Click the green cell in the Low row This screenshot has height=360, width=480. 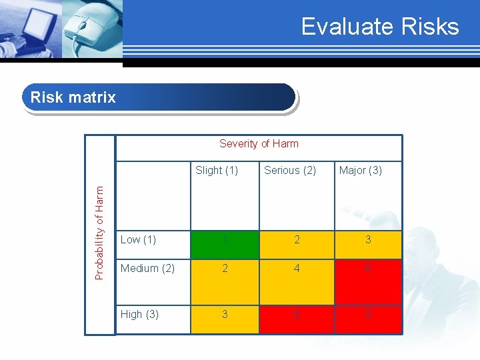[x=225, y=244]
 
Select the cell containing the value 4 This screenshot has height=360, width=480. [x=297, y=281]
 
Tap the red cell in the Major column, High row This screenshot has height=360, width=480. [x=367, y=319]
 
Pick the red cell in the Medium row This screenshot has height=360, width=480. [x=367, y=281]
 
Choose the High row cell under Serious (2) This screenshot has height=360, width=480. [x=297, y=319]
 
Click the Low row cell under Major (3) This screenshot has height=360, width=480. [x=367, y=244]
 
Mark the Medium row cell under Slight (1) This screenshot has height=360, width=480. [x=225, y=281]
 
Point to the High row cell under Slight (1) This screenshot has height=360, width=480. [x=225, y=319]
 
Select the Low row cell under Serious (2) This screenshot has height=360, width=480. [x=297, y=244]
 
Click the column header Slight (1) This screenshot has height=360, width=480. [x=217, y=170]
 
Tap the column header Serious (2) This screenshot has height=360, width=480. [x=290, y=170]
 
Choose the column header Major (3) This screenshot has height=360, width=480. [x=361, y=170]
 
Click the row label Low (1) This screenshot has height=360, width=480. [x=138, y=239]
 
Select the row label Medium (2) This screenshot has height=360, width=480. [x=147, y=268]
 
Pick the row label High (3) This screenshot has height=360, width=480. [x=139, y=314]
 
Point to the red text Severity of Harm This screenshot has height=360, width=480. [x=259, y=143]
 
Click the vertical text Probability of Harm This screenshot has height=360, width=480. [x=99, y=233]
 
